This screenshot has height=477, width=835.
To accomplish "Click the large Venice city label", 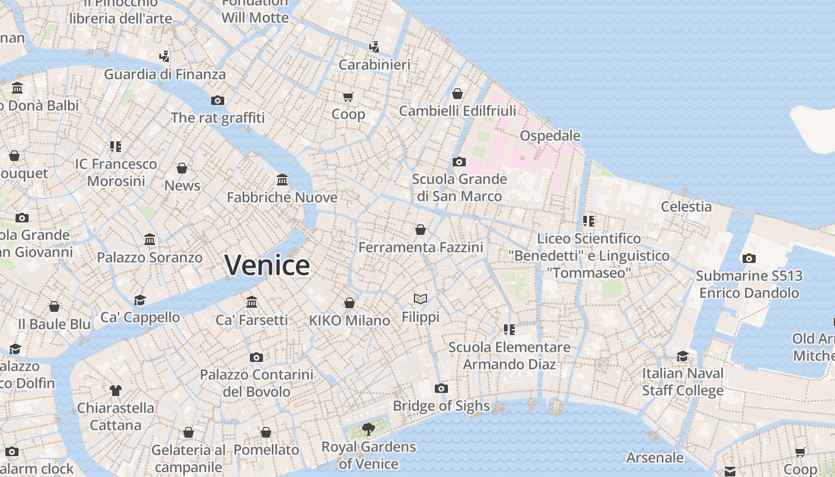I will tap(267, 265).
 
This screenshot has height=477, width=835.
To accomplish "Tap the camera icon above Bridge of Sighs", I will tap(441, 389).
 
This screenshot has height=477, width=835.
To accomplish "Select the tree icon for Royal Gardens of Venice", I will tap(369, 429).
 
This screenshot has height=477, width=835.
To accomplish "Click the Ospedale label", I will tap(550, 136).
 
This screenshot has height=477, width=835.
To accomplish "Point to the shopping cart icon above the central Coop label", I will tap(348, 97).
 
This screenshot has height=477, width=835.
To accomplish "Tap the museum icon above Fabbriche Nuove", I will tap(282, 179).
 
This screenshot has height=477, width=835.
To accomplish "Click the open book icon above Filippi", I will tap(420, 299).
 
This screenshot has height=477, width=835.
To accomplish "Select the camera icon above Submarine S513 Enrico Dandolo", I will tap(749, 258).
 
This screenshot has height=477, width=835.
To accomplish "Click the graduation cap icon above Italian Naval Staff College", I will tap(682, 356).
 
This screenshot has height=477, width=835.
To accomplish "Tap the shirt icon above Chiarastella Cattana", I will tap(116, 391).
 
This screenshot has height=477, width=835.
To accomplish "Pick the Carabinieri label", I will tap(374, 64).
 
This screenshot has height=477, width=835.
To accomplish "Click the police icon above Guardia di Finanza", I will tap(165, 57).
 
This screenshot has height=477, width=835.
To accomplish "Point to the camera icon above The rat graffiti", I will tap(218, 100).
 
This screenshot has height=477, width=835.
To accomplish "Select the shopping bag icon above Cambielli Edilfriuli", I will tap(457, 94).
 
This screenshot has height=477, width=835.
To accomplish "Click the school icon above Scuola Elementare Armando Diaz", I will tap(509, 329).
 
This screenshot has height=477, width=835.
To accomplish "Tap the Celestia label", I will tap(686, 207).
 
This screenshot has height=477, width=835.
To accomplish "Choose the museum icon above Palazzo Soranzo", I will tap(150, 240).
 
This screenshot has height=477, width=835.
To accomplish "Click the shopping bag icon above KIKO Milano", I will tap(350, 303).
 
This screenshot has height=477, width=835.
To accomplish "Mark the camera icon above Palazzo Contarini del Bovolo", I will tap(256, 357).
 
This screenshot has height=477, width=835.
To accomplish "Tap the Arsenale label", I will tap(655, 458).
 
